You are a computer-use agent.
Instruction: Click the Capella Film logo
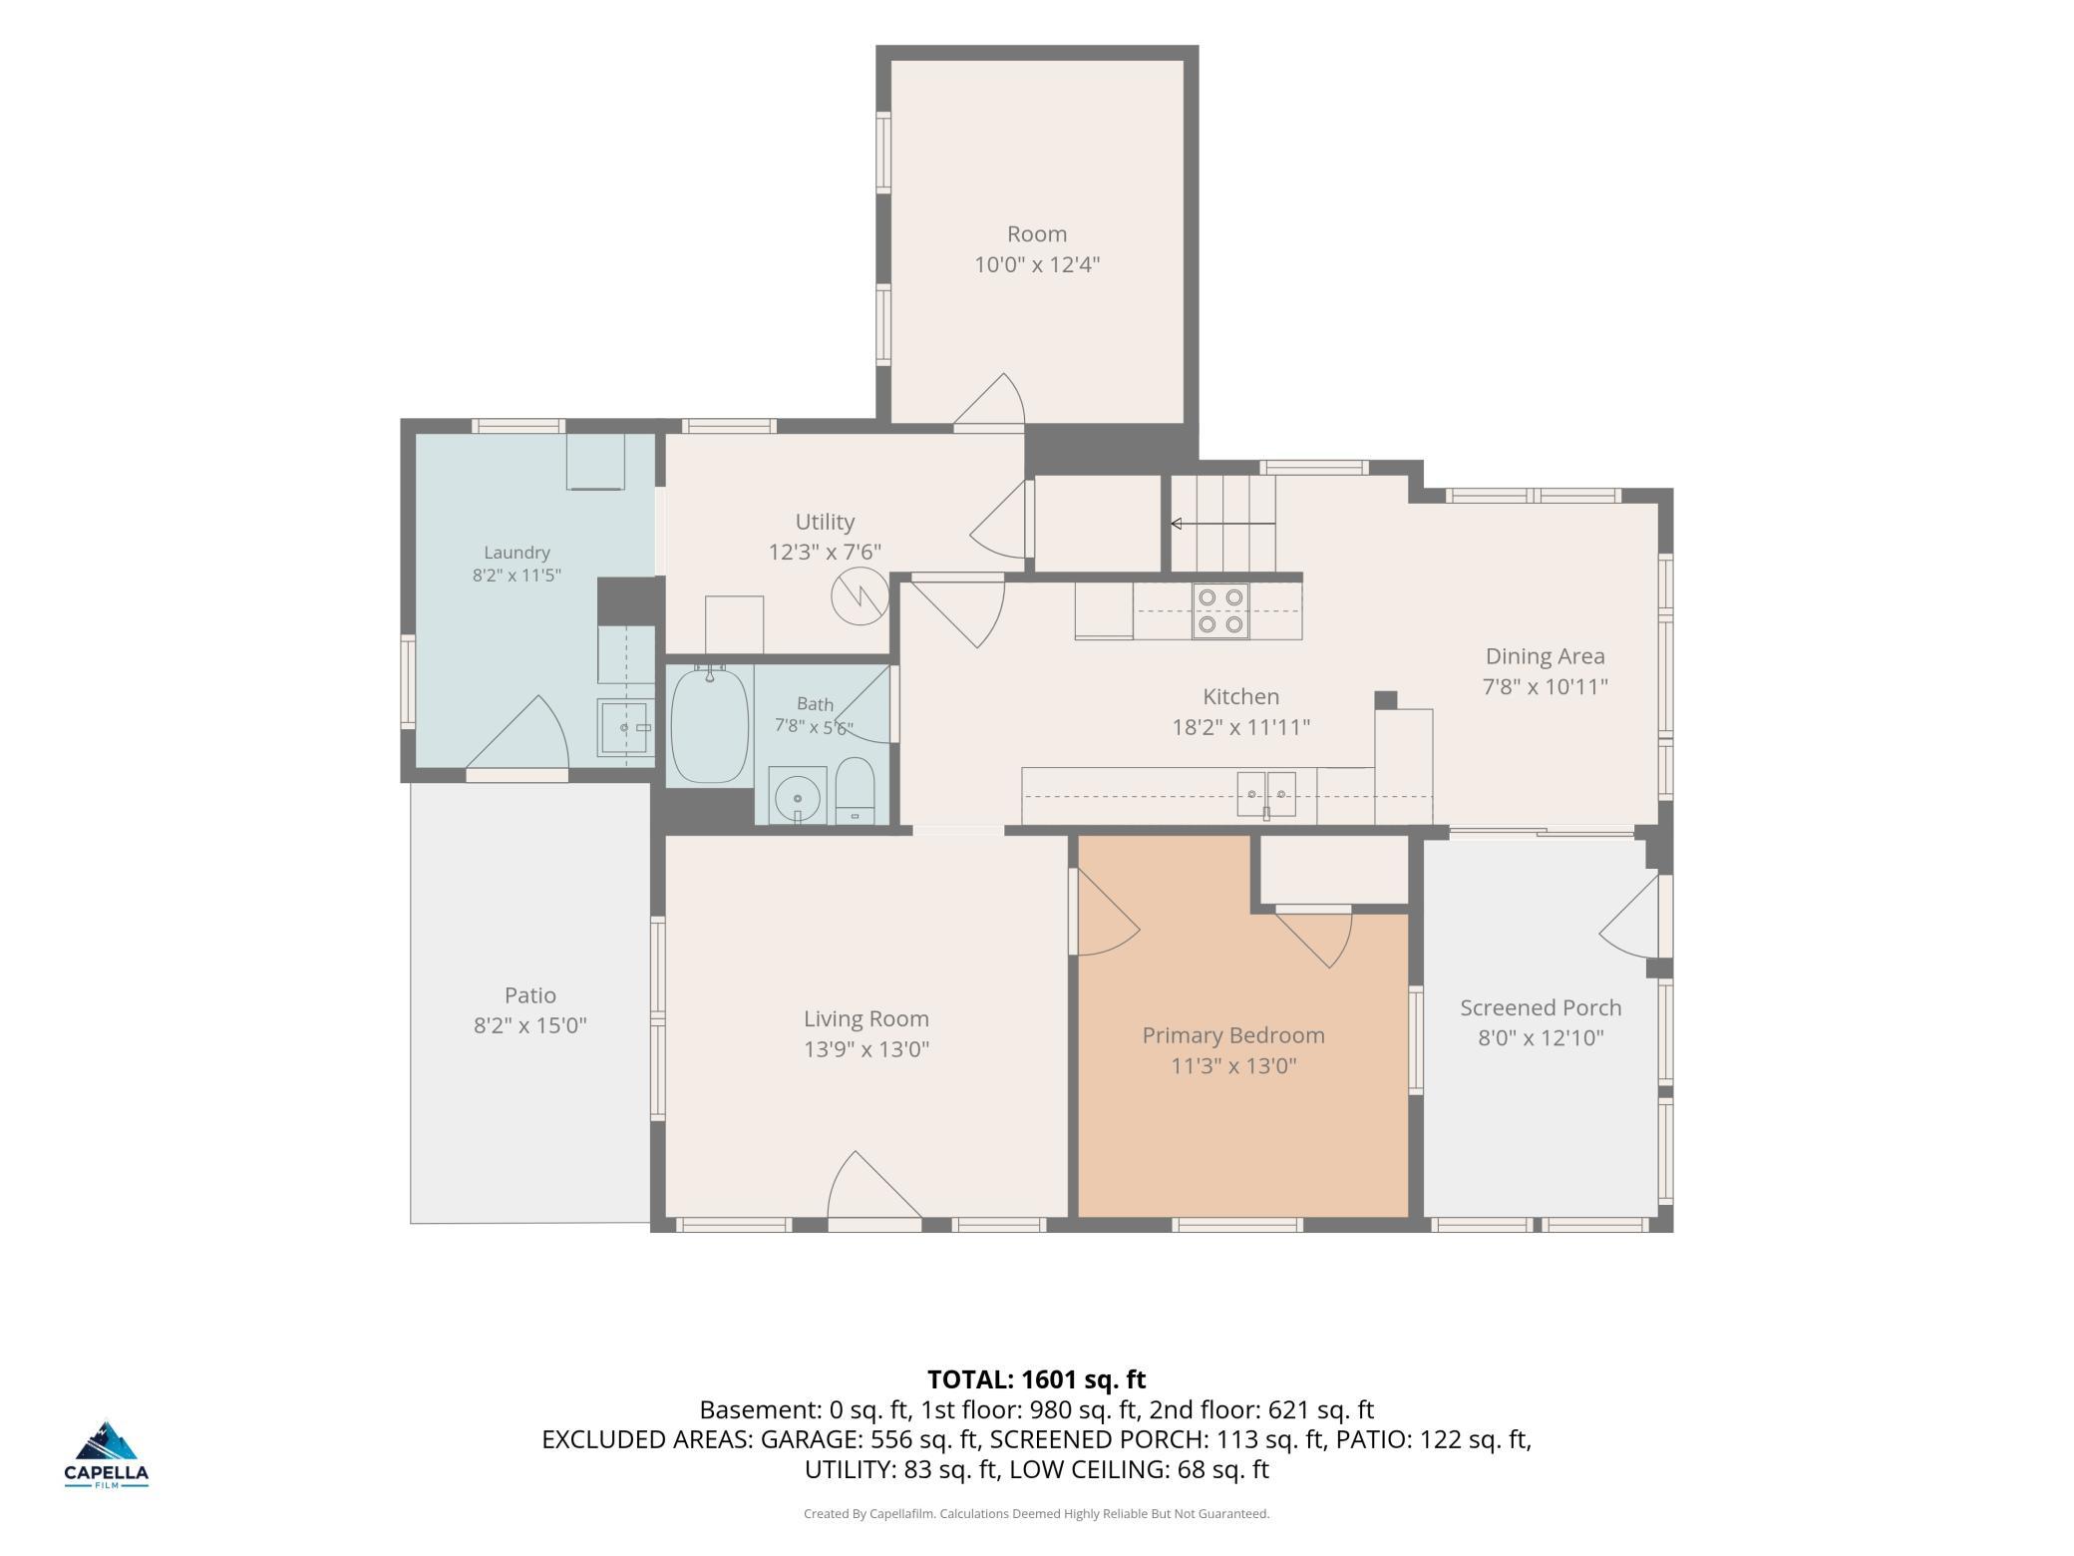(x=107, y=1454)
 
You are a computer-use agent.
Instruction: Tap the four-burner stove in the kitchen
(x=1220, y=610)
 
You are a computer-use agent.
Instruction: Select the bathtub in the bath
(x=710, y=725)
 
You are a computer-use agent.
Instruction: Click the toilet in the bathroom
(x=855, y=791)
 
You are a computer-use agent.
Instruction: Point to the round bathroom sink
(x=797, y=796)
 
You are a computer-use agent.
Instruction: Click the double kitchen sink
(x=1266, y=794)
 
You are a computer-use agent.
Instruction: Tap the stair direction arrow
(x=1222, y=524)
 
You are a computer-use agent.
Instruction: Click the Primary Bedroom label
(x=1233, y=1035)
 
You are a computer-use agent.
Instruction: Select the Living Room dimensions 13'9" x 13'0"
(x=866, y=1049)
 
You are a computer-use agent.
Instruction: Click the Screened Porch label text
(x=1541, y=1007)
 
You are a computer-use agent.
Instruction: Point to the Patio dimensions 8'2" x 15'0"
(x=529, y=1025)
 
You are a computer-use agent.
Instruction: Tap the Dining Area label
(x=1546, y=656)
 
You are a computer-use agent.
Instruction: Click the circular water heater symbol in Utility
(x=860, y=596)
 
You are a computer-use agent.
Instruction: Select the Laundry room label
(x=517, y=553)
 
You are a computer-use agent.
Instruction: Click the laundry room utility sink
(x=626, y=727)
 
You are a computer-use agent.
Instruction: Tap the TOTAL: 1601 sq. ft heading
(x=1037, y=1379)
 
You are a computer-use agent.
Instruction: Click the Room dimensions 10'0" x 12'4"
(x=1037, y=264)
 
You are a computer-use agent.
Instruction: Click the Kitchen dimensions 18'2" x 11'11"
(x=1240, y=727)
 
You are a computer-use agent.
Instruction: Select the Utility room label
(x=825, y=522)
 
